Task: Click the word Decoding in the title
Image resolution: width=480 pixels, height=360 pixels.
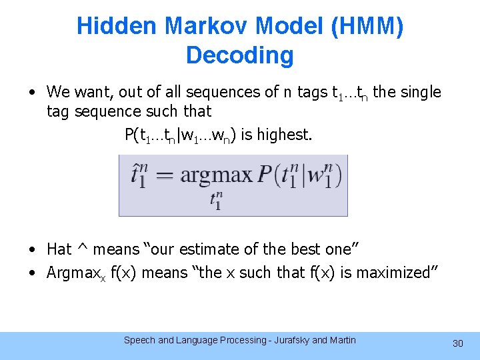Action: pos(240,55)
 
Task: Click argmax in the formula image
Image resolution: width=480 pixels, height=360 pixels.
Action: pos(217,175)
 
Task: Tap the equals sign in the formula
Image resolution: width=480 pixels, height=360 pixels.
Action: pos(164,176)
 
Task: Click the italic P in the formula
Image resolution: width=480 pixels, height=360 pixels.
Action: pos(265,175)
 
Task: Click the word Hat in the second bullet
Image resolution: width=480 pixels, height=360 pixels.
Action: pos(59,249)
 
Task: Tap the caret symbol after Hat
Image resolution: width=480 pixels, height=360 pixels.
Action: pos(83,249)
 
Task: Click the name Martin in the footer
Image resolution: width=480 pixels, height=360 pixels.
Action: pos(341,340)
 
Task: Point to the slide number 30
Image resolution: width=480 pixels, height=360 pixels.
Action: pos(457,343)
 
